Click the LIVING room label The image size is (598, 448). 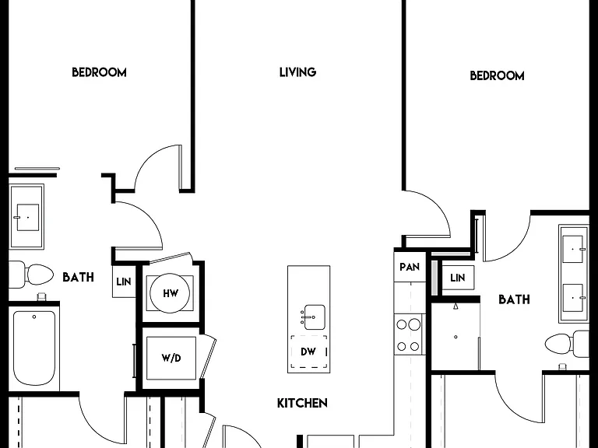tap(297, 72)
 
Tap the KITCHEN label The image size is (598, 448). tap(302, 403)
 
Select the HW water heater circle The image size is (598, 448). tap(170, 293)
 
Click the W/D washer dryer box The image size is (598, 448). tap(171, 358)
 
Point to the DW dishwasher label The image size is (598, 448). tap(308, 352)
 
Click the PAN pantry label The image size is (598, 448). tap(410, 267)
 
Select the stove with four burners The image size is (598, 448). tap(408, 335)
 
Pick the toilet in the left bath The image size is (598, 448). tap(30, 275)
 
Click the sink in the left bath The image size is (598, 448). tap(27, 217)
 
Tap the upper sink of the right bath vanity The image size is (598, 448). tap(573, 249)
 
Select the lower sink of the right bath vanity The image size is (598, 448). tap(573, 298)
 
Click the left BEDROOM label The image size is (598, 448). tap(99, 72)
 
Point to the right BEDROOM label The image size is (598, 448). tap(497, 75)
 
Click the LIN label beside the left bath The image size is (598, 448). tap(124, 282)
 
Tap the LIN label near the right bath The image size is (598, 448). tap(457, 278)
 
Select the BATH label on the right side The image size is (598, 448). tap(514, 299)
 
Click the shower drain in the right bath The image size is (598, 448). tap(456, 337)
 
